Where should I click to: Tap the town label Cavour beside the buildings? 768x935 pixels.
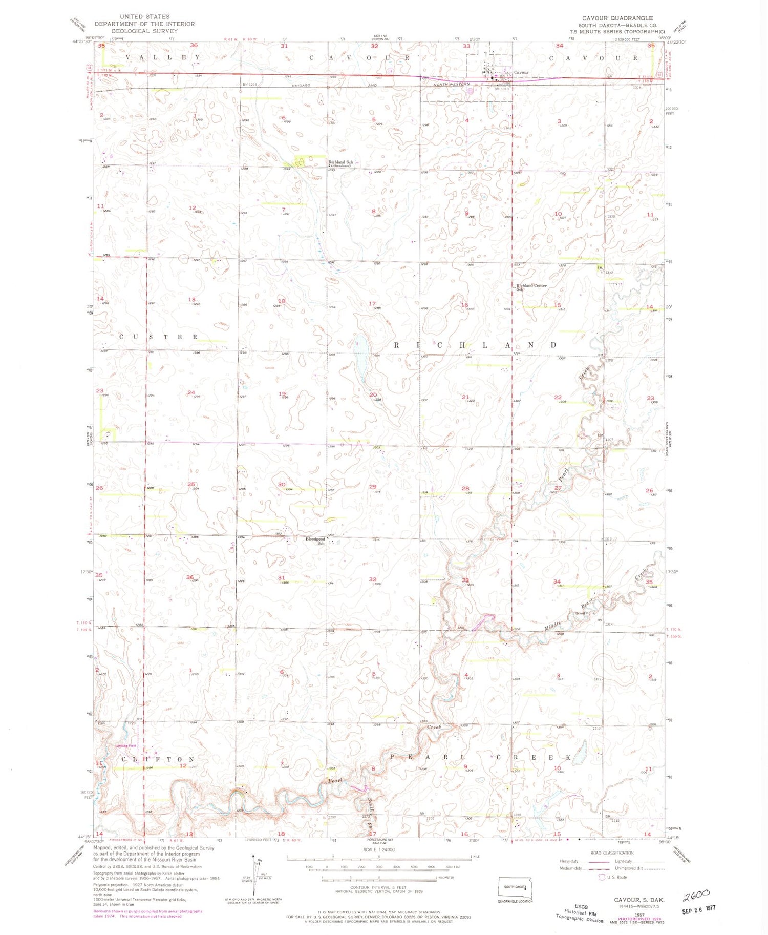pyautogui.click(x=521, y=73)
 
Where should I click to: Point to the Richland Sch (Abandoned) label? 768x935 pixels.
pyautogui.click(x=340, y=164)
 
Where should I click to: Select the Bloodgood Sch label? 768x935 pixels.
pyautogui.click(x=315, y=541)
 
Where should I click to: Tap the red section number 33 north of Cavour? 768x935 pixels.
pyautogui.click(x=466, y=46)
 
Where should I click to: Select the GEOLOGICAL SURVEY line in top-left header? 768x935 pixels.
pyautogui.click(x=144, y=31)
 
